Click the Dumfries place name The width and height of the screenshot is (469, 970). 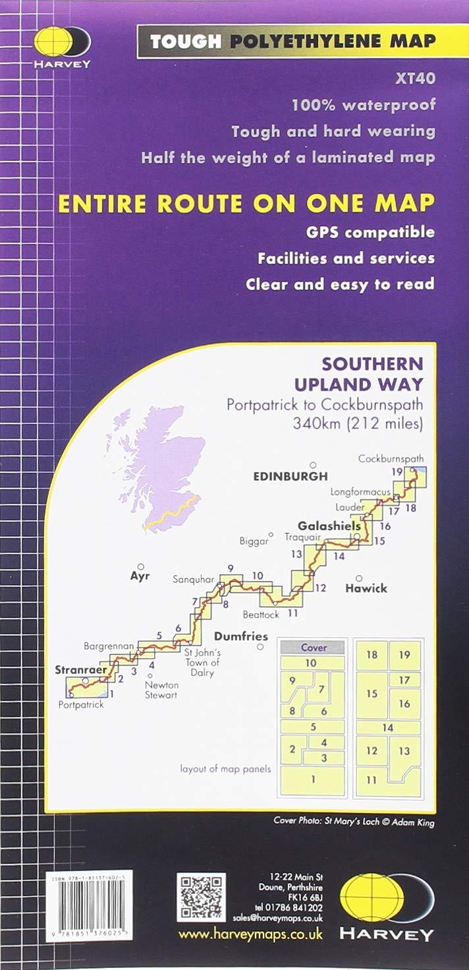[x=241, y=636]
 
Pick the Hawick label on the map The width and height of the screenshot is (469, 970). [x=366, y=588]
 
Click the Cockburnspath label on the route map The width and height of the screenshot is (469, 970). [x=391, y=459]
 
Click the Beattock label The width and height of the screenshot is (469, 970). [x=261, y=615]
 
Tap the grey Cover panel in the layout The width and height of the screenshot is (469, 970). [x=314, y=648]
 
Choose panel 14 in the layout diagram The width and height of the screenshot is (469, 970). [x=388, y=727]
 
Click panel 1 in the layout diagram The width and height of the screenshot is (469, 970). [x=314, y=779]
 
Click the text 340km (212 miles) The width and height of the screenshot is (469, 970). [x=358, y=423]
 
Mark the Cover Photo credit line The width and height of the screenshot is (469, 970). [x=354, y=822]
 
